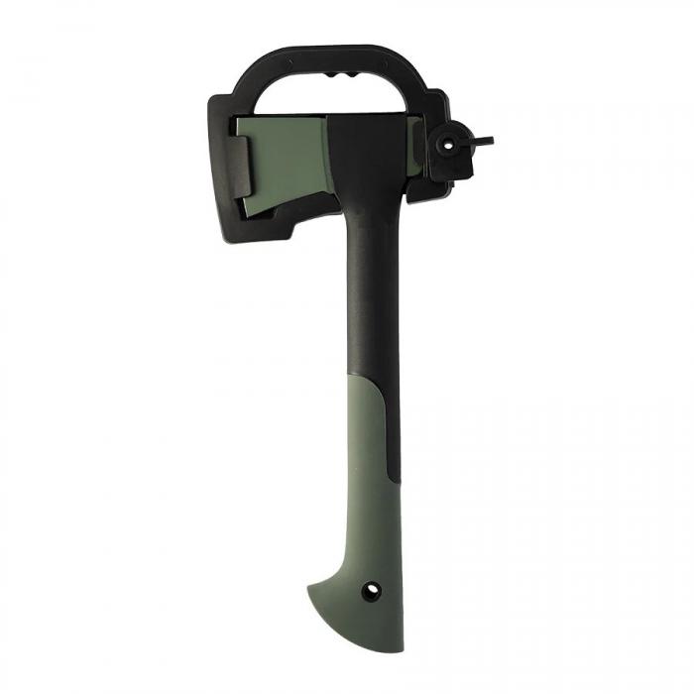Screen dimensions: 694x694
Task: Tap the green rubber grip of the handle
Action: [x=367, y=496]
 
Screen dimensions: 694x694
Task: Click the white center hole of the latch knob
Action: [x=448, y=143]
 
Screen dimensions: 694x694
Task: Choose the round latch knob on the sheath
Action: [x=448, y=145]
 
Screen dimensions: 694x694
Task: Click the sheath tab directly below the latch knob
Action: [x=442, y=177]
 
